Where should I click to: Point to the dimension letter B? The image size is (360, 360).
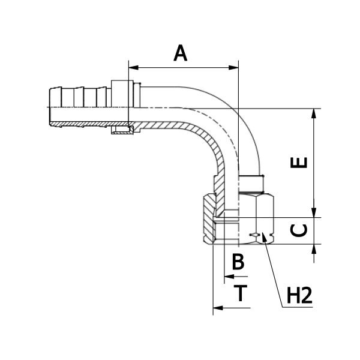tap(238, 262)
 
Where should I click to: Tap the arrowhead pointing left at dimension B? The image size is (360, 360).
tap(227, 277)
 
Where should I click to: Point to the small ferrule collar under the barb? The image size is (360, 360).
tap(121, 130)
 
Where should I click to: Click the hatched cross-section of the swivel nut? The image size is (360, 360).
tap(208, 222)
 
